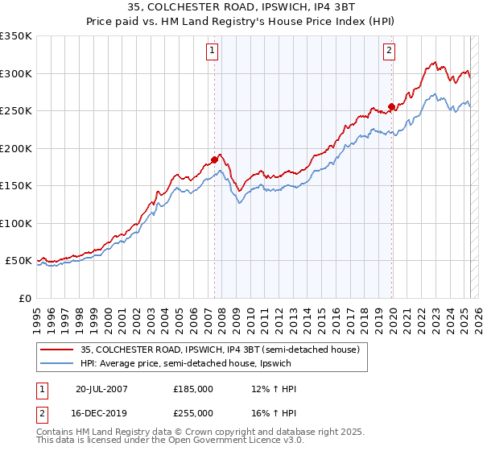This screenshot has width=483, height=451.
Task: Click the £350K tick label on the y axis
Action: coord(16,36)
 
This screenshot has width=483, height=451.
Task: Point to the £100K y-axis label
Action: coord(16,223)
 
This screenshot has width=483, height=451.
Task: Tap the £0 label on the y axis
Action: coord(24,298)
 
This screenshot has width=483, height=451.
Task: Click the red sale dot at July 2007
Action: coord(215,159)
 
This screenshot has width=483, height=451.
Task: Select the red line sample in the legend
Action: coord(56,349)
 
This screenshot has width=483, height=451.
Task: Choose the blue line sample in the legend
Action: coord(56,365)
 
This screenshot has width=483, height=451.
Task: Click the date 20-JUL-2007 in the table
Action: coord(101,389)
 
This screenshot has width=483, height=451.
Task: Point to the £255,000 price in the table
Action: coord(193,412)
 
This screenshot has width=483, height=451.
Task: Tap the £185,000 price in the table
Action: coord(193,389)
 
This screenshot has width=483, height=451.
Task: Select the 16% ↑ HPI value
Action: coord(274,412)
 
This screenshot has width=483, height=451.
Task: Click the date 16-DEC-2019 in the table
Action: coord(101,412)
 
